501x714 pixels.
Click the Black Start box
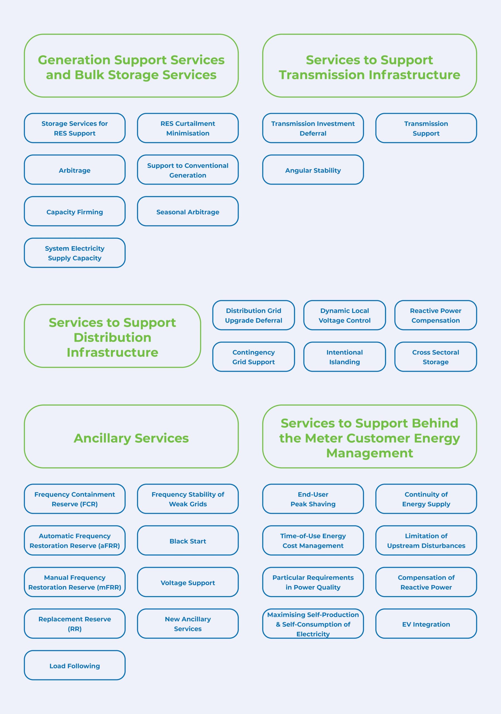[x=188, y=541]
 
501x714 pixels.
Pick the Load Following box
[x=75, y=665]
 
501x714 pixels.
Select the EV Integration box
[x=426, y=624]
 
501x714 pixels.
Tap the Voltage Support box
[x=188, y=582]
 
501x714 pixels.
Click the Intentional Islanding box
[x=344, y=357]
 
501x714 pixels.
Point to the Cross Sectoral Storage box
[x=435, y=357]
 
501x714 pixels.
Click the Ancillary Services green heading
[x=131, y=438]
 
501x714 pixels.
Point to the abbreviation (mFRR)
[x=109, y=587]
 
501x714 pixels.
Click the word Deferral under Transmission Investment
[x=313, y=133]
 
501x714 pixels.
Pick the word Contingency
[x=254, y=352]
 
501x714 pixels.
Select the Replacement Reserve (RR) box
[x=75, y=624]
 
